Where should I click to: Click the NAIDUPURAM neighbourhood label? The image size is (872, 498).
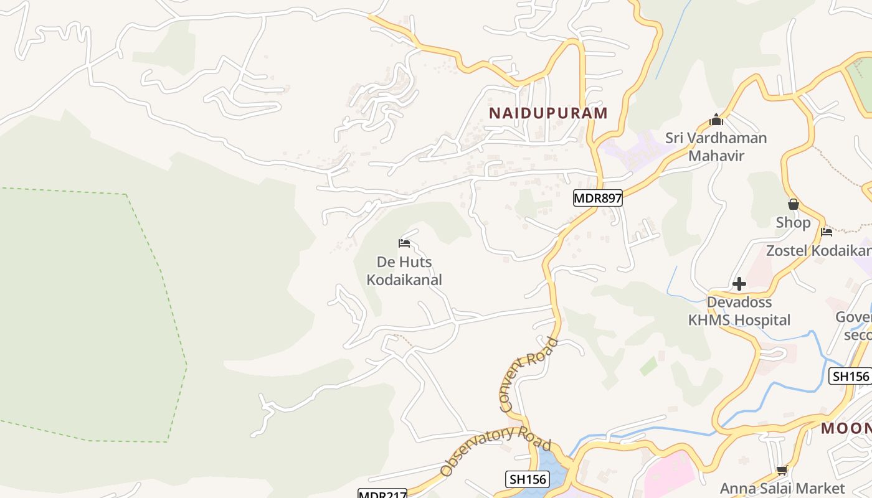[548, 113]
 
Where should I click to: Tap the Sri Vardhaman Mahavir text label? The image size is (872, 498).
[716, 146]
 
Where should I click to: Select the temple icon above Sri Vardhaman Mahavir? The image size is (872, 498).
[716, 119]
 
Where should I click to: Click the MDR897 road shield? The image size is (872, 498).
[597, 198]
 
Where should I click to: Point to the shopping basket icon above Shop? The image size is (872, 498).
[793, 204]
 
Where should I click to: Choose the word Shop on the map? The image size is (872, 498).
[793, 222]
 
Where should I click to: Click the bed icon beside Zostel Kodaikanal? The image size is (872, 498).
[827, 232]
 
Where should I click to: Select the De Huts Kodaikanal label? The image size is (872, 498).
[404, 271]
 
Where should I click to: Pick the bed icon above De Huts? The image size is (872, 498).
[404, 243]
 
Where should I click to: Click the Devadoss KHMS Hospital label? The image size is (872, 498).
[739, 311]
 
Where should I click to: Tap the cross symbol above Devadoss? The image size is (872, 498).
[739, 284]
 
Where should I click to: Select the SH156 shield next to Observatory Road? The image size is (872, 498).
[527, 479]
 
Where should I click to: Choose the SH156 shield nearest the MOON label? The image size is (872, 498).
[850, 376]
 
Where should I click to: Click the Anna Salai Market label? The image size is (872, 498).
[782, 489]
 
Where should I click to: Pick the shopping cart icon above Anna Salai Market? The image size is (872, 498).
[782, 470]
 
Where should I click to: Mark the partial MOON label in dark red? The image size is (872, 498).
[846, 428]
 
